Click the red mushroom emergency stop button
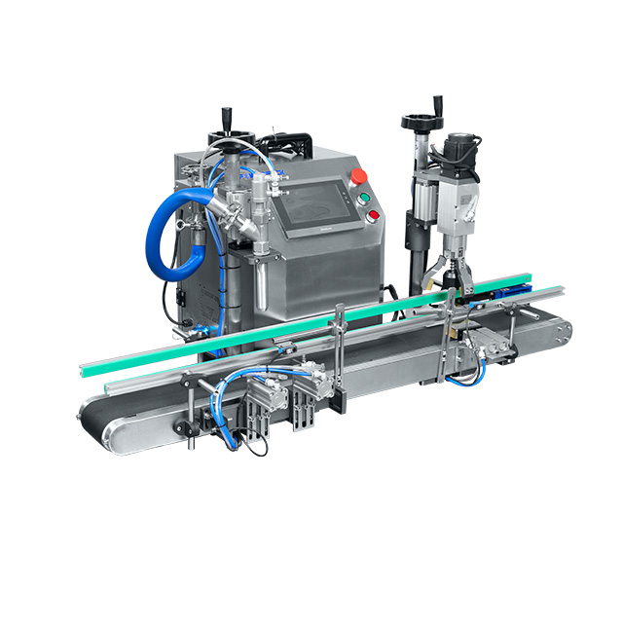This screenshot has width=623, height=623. click(358, 176)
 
